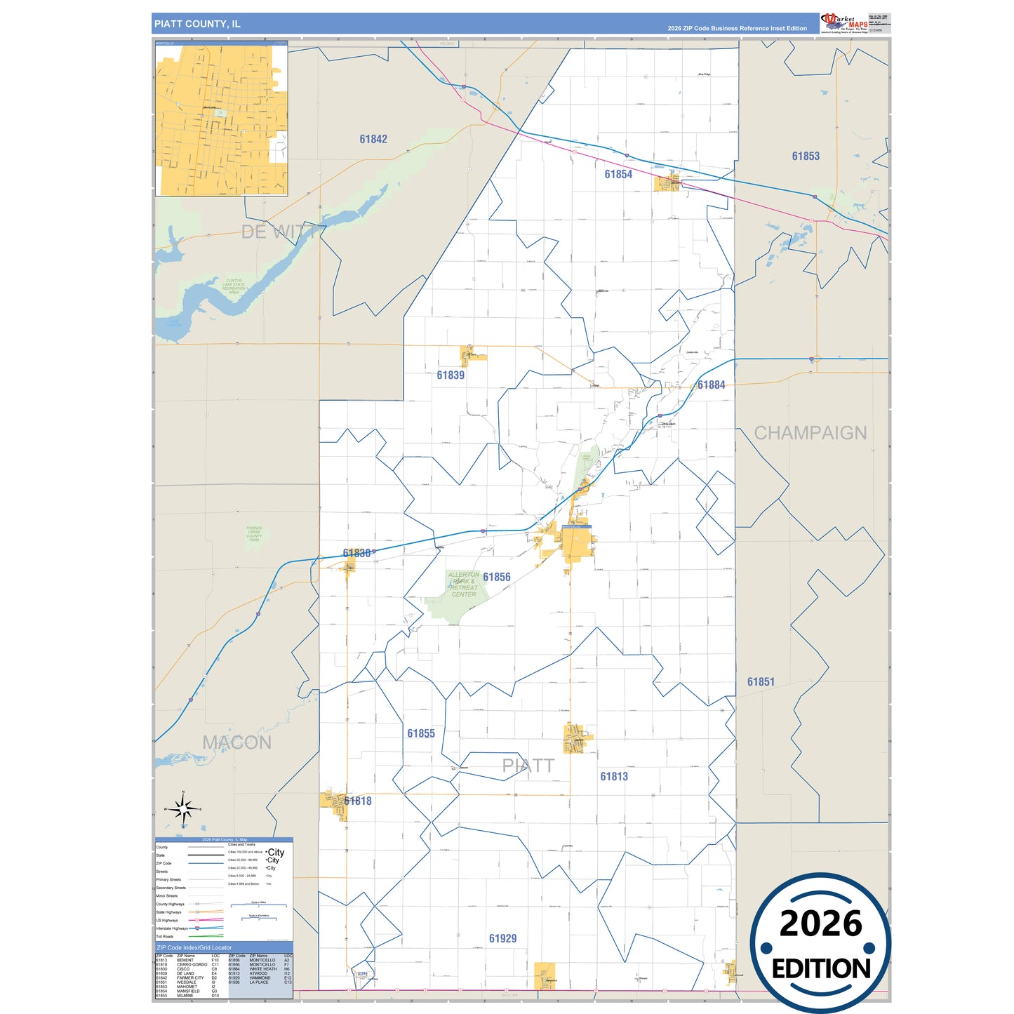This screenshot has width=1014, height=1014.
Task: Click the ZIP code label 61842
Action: click(x=373, y=140)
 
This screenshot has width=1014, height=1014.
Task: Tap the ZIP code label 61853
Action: click(x=806, y=156)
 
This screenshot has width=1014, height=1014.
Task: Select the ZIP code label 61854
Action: click(x=618, y=175)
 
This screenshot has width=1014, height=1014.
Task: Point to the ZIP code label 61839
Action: click(x=451, y=375)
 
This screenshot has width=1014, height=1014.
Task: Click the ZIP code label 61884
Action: click(x=711, y=385)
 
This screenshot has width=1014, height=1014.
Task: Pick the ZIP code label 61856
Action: click(x=497, y=578)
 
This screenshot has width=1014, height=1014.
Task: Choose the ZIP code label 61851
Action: click(x=761, y=682)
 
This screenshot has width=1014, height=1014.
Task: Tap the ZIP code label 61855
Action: click(x=421, y=734)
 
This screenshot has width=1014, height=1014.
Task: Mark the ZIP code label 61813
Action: click(x=614, y=777)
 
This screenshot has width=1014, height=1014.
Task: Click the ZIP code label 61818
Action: click(x=358, y=801)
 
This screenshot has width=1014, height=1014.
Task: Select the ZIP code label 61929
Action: click(x=502, y=939)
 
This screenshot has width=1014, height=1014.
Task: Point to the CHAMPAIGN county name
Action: click(x=810, y=433)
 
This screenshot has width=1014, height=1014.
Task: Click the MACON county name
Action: click(x=236, y=742)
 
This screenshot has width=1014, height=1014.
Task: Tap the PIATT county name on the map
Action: click(x=528, y=766)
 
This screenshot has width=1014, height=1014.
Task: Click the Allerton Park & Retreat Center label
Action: click(x=463, y=585)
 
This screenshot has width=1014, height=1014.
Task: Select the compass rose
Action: click(x=183, y=810)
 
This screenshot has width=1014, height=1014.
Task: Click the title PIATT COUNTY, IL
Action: click(x=197, y=24)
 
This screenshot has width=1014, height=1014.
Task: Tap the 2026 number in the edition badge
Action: click(x=820, y=923)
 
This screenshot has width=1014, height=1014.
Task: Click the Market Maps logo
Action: click(x=844, y=22)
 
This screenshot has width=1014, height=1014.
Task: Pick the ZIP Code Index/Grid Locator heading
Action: click(x=194, y=948)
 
